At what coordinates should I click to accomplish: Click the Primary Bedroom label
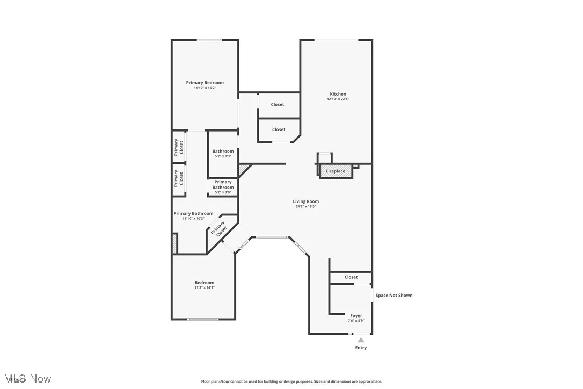205,83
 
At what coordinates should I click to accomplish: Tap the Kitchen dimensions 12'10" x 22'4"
338,99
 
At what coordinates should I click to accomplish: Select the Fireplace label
336,171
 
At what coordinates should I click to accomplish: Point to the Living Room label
305,201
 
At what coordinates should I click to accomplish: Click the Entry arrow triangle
361,340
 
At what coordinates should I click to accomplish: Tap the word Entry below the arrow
361,348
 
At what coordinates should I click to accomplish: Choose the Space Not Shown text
393,295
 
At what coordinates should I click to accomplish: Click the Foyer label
356,315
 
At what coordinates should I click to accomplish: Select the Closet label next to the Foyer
351,277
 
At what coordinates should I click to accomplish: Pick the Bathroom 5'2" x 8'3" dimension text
223,156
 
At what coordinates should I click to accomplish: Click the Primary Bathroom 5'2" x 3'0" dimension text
223,192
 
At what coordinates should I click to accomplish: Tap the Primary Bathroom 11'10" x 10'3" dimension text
193,219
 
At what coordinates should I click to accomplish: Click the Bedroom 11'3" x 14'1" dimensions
204,287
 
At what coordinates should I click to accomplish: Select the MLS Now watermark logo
26,379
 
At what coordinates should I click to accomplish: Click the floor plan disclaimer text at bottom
291,381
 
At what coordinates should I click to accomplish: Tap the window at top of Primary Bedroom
209,40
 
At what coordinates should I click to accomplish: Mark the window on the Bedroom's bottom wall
203,320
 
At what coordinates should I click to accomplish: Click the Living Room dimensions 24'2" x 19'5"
305,207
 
